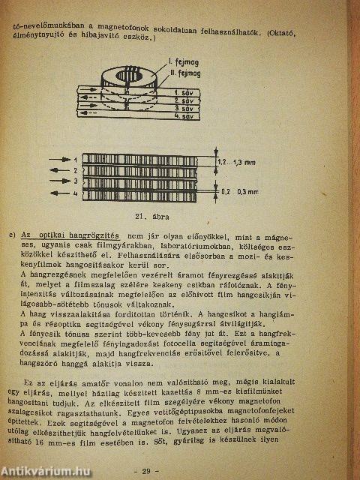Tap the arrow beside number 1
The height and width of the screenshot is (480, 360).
click(x=63, y=160)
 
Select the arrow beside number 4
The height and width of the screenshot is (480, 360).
click(x=63, y=194)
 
